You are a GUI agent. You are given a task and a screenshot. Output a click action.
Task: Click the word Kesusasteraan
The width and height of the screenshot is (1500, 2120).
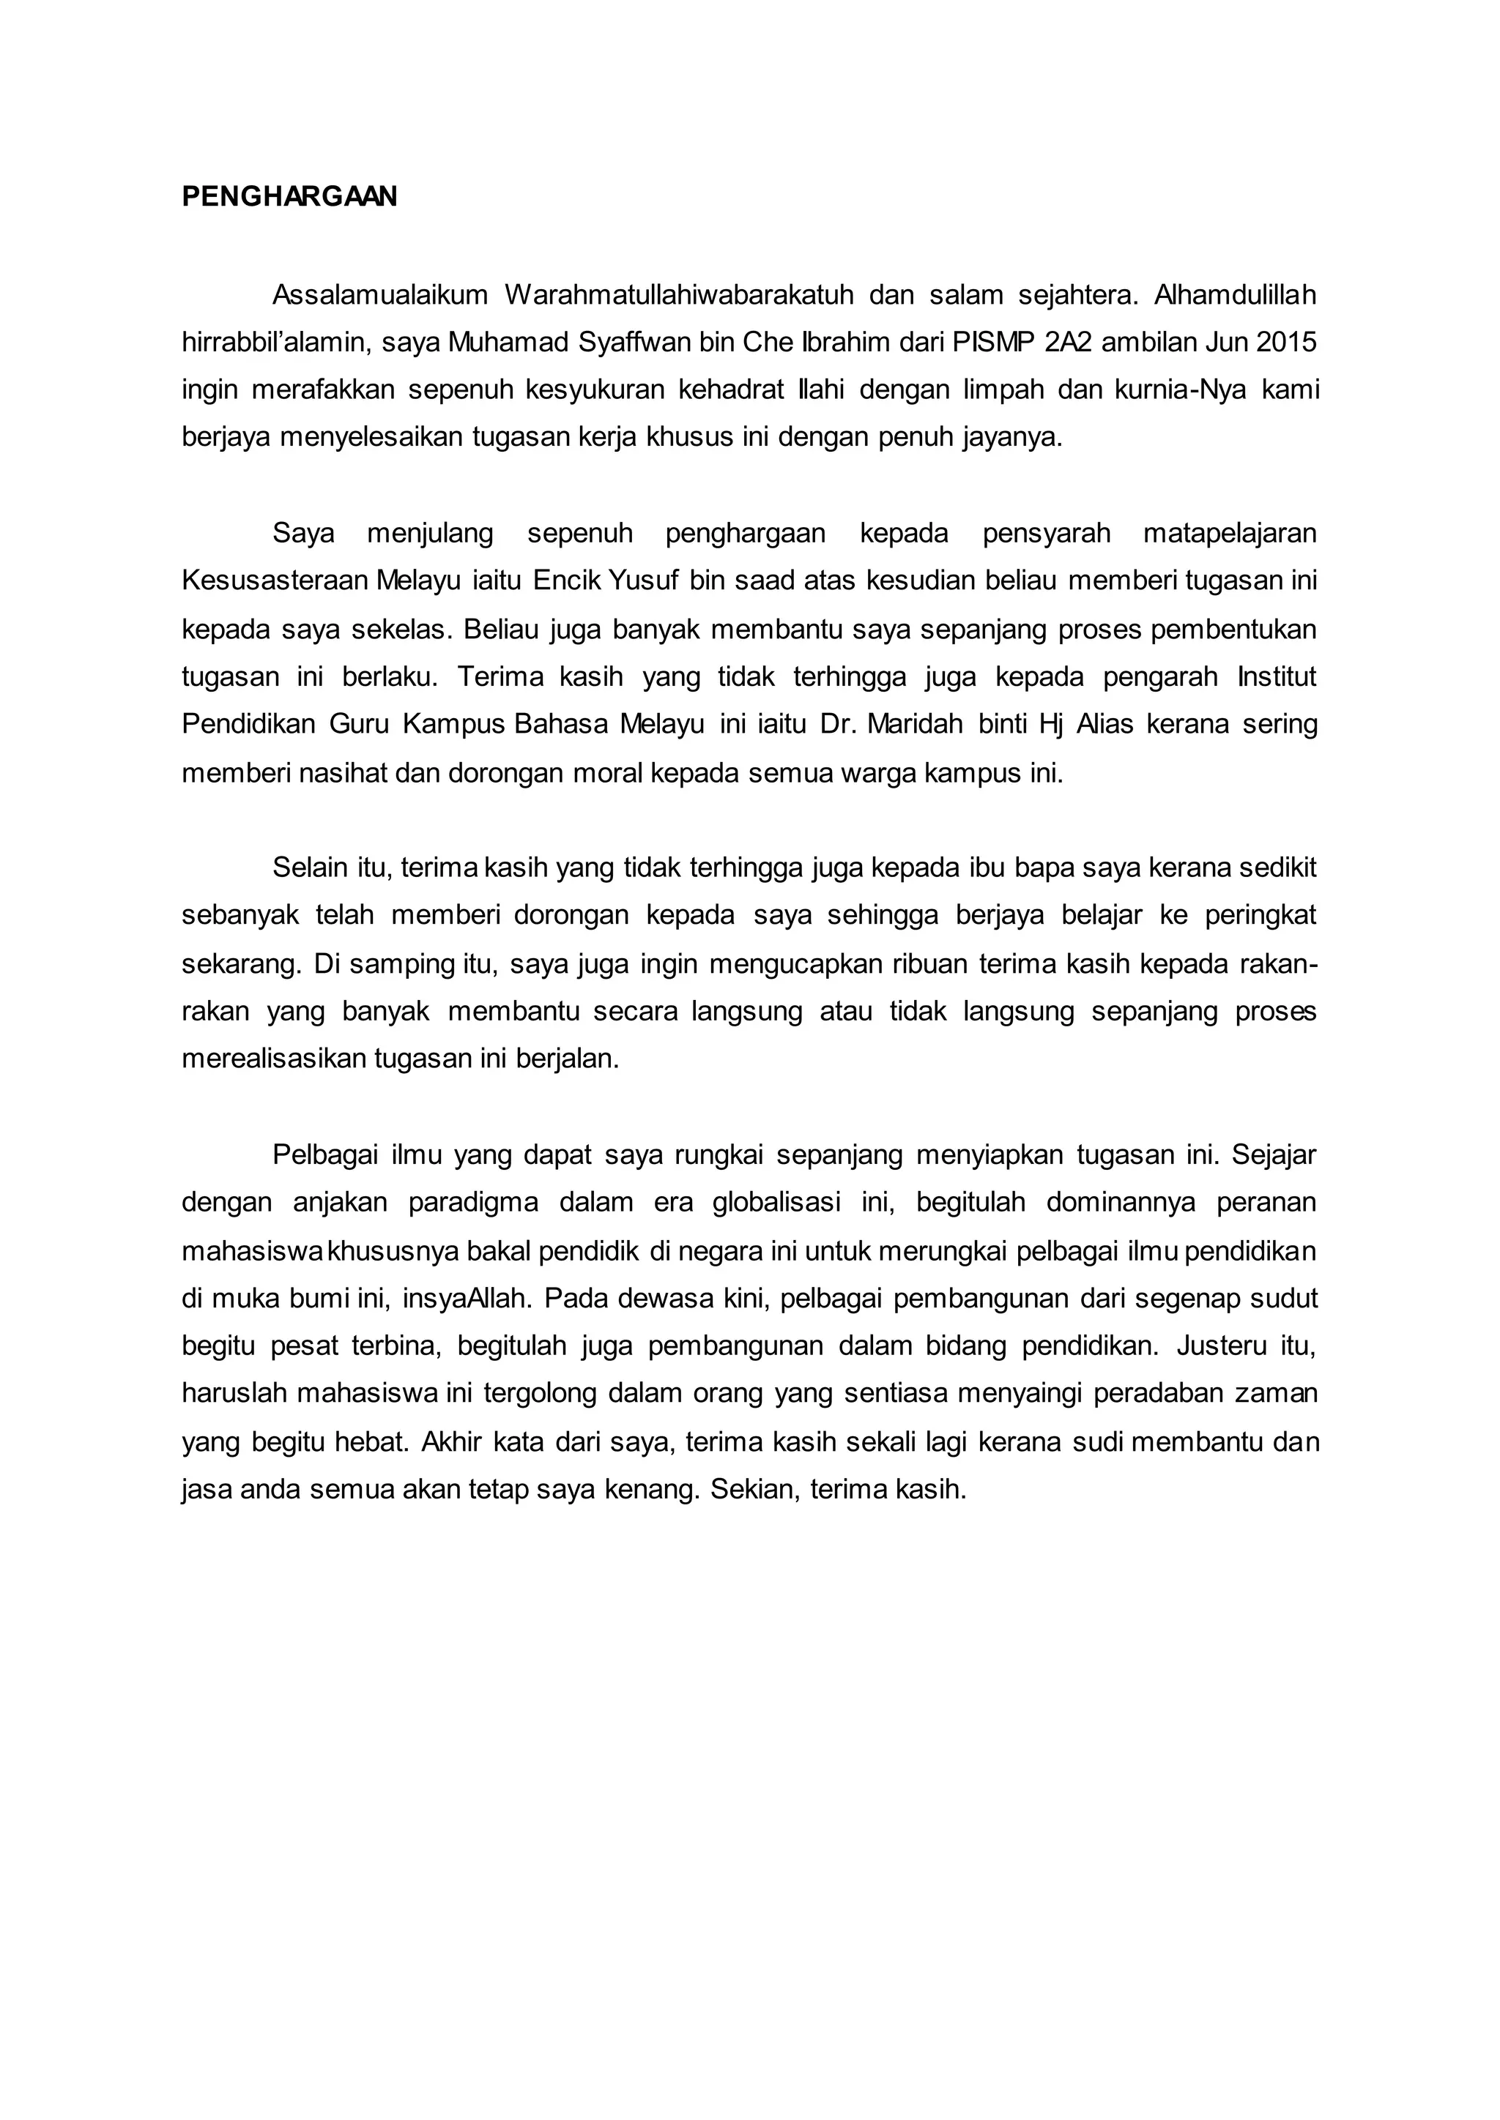pyautogui.click(x=275, y=581)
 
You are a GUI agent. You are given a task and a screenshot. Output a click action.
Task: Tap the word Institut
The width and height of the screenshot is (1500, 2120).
pyautogui.click(x=1277, y=677)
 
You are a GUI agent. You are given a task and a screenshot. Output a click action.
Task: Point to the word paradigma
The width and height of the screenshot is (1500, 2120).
pyautogui.click(x=473, y=1202)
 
